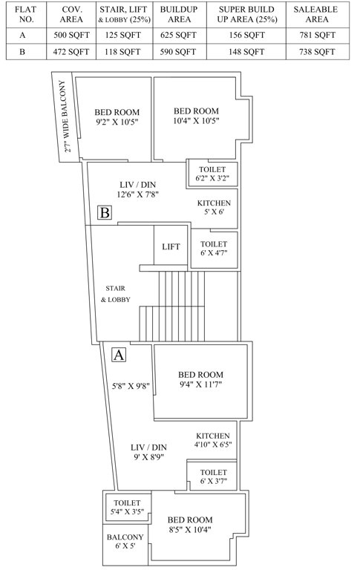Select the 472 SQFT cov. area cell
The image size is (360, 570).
tap(71, 52)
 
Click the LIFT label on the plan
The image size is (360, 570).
tap(171, 246)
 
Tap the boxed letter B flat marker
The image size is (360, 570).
tap(105, 214)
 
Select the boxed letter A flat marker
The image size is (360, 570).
tap(118, 355)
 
